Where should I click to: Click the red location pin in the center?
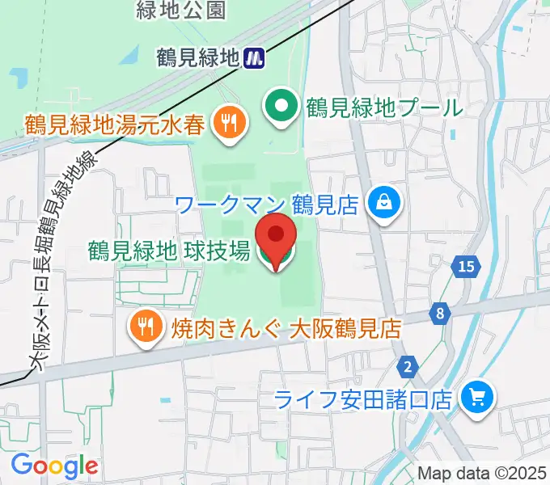tap(275, 238)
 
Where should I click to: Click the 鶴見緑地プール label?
tap(384, 107)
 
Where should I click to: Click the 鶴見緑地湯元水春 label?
tap(116, 124)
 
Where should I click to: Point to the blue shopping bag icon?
tap(383, 202)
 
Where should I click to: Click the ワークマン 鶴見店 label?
tap(267, 203)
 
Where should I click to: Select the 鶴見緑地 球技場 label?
tap(168, 251)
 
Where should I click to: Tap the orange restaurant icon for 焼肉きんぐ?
tap(146, 327)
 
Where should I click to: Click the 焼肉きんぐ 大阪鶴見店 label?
tap(286, 328)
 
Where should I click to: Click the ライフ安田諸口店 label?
tap(363, 399)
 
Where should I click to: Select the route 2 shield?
tap(409, 368)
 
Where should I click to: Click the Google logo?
tap(54, 466)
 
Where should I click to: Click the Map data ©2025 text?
tap(481, 473)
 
